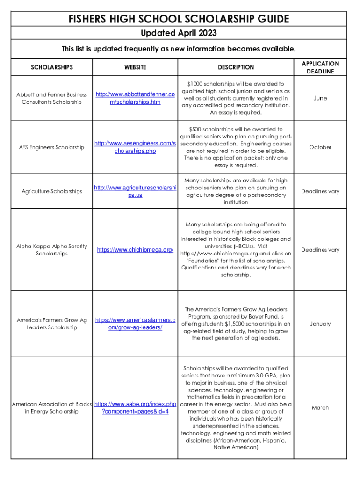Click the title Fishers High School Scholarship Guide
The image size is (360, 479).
179,19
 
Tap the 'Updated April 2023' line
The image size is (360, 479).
179,33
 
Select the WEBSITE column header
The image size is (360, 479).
135,67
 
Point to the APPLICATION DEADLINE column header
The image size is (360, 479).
320,67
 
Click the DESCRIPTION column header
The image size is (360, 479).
236,67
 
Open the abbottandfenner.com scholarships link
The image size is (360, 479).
135,98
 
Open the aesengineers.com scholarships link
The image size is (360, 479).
135,147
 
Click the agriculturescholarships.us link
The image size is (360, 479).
135,191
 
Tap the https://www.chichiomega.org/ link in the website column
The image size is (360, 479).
135,250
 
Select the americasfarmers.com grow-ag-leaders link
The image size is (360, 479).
135,324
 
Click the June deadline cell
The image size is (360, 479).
320,98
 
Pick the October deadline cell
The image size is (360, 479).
320,147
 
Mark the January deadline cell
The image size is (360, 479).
320,324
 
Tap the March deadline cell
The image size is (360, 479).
320,408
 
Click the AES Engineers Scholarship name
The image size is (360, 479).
51,147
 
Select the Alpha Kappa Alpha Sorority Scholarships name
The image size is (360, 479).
51,250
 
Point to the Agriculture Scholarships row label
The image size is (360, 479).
51,191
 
